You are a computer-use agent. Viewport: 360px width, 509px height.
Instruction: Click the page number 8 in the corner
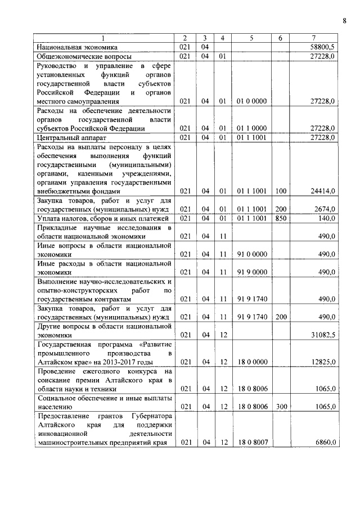(x=344, y=21)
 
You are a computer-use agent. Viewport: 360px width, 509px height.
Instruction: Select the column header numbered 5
(x=251, y=38)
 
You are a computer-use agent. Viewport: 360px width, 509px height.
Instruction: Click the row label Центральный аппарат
(x=71, y=137)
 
